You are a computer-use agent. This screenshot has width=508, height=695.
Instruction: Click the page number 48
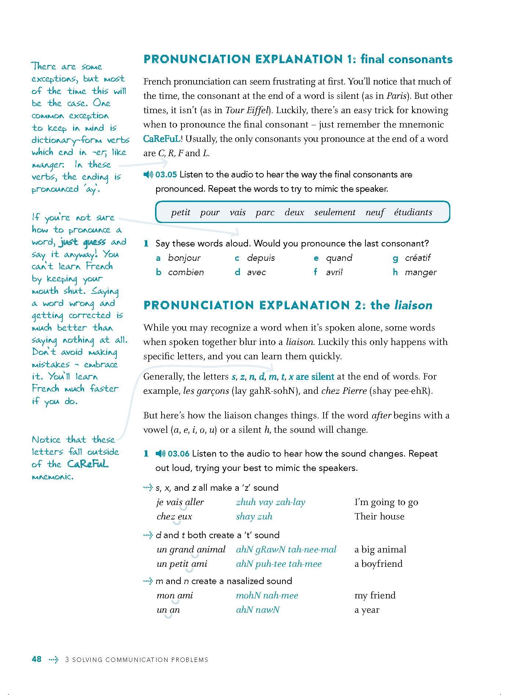point(37,659)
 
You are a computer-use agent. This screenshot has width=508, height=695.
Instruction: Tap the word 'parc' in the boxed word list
point(265,213)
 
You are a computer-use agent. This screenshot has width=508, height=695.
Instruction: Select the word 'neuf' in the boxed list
point(375,213)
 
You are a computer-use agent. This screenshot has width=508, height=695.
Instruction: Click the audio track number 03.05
point(166,174)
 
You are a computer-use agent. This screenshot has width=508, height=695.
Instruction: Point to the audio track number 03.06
point(179,454)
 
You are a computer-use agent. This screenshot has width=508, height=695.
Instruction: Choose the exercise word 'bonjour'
point(184,258)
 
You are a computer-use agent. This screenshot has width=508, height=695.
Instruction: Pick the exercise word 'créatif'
point(418,258)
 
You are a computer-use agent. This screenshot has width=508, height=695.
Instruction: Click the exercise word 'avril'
point(334,272)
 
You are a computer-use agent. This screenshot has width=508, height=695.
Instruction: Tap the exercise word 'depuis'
point(261,258)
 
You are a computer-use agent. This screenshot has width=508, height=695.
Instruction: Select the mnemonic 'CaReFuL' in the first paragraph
point(162,139)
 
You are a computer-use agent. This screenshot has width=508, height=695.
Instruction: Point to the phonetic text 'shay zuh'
point(254,516)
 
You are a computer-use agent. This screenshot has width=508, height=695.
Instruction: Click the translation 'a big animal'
point(380,550)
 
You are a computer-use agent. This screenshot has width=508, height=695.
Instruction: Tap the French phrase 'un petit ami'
point(182,564)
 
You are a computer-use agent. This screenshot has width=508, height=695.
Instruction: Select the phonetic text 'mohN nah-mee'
point(267,595)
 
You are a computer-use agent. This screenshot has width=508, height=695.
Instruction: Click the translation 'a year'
point(367,610)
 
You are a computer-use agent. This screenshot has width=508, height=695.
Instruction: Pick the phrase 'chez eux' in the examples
point(174,516)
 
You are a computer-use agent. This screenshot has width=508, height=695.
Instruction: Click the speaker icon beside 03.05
point(148,175)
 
